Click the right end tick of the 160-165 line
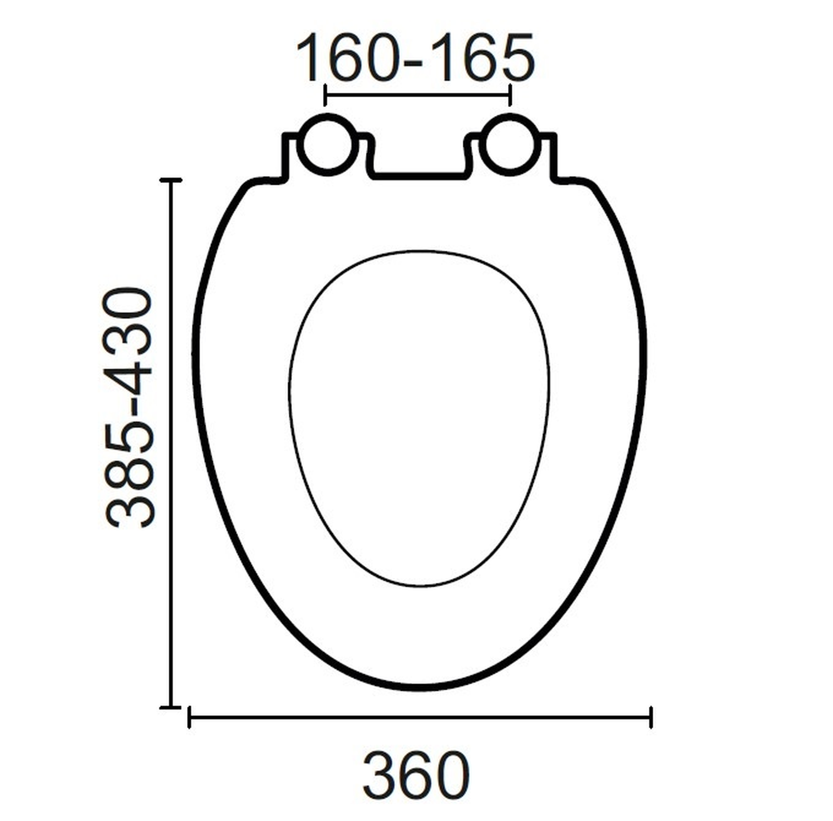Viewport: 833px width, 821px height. (510, 95)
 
